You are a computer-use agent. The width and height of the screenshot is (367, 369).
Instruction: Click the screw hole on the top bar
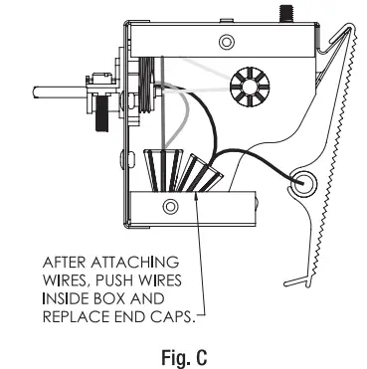227,41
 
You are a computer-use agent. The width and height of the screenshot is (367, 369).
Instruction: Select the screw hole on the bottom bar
169,206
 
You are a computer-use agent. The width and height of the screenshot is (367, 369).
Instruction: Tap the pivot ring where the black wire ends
300,181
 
